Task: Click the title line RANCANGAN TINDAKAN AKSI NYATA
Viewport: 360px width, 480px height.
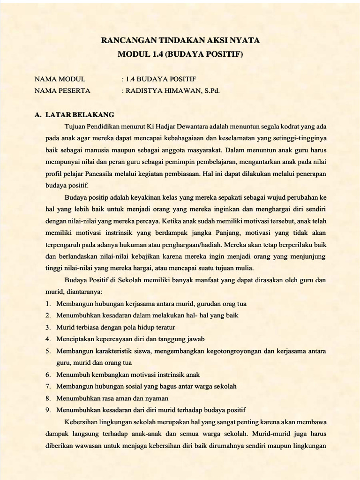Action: point(180,41)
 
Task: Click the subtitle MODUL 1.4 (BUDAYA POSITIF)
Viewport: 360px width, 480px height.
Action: point(180,55)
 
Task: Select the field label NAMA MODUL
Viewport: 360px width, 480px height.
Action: point(60,79)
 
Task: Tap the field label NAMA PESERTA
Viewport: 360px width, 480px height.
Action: point(63,91)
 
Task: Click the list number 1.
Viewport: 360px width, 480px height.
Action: point(48,303)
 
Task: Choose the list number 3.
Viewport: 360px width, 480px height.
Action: point(48,327)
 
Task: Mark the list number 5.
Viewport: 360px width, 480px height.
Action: point(48,351)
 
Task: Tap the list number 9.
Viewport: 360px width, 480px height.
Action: point(48,410)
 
